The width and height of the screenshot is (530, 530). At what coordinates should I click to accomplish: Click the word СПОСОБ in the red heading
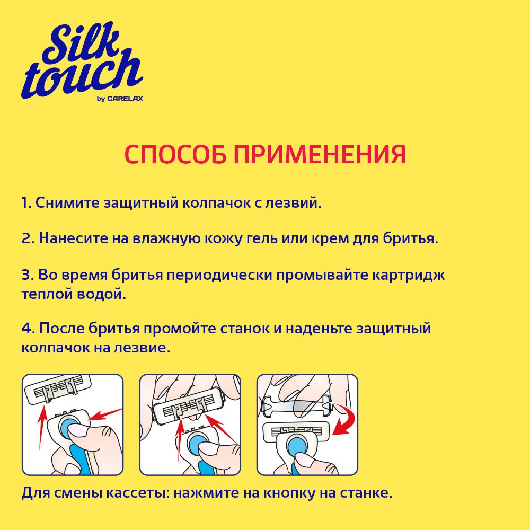coord(175,154)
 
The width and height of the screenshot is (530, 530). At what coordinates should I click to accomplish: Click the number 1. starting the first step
coord(26,203)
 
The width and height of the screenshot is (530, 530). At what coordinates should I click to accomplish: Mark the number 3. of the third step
coord(28,276)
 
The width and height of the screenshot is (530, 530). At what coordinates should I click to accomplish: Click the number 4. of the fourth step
coord(28,329)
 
